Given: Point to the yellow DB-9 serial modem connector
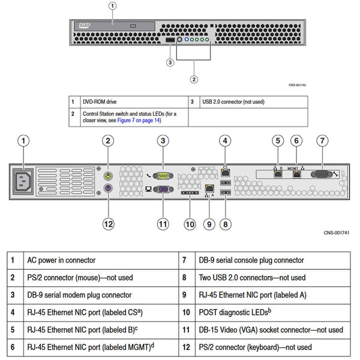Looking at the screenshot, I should click(x=163, y=175).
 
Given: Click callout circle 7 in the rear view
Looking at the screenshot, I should click(x=322, y=141).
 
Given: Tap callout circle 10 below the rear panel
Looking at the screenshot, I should click(x=190, y=224).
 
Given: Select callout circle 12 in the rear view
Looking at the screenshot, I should click(x=108, y=224).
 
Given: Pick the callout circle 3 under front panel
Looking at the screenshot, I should click(x=170, y=62).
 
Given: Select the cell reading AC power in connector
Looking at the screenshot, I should click(x=61, y=260).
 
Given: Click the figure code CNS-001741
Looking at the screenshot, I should click(x=337, y=232).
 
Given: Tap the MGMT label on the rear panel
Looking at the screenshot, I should click(x=295, y=169).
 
